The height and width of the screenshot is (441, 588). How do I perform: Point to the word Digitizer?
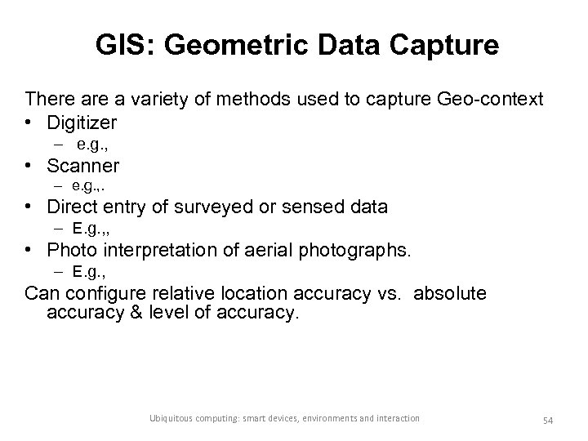(82, 122)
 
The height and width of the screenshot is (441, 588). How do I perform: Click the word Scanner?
(83, 166)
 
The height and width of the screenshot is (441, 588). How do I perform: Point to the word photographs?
(354, 249)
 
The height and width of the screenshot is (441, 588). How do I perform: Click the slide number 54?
(548, 419)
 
